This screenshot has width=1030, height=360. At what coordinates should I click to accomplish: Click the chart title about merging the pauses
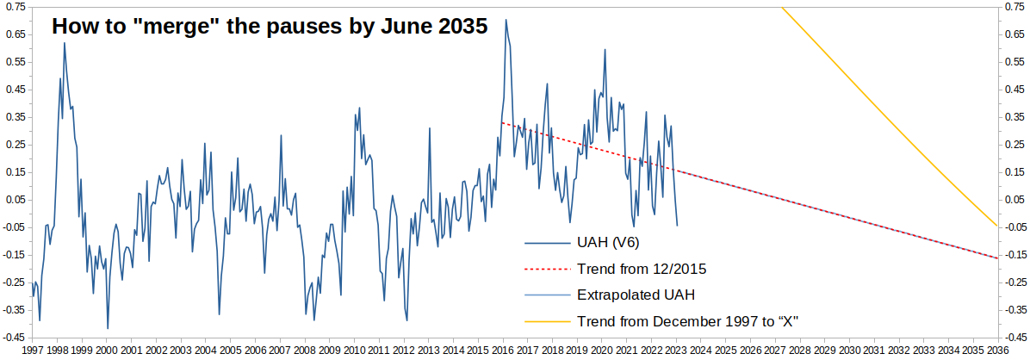point(270,25)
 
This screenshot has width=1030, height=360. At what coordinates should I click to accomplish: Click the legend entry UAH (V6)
point(607,242)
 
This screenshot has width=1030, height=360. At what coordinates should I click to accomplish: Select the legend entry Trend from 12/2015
point(642,269)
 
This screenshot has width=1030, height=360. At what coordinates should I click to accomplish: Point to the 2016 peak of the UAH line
point(506,20)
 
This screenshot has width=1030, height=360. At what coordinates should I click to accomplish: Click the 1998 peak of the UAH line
point(65,43)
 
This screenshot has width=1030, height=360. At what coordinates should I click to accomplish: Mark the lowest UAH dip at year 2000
point(108,328)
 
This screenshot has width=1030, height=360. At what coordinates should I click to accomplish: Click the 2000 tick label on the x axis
point(107,351)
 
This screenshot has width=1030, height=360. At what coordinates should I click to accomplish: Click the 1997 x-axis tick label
point(33,351)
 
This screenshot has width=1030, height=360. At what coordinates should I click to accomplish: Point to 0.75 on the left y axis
point(15,7)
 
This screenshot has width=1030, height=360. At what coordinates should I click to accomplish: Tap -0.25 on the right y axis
point(1014,282)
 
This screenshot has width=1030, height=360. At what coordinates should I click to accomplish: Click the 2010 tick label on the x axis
point(354,351)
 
